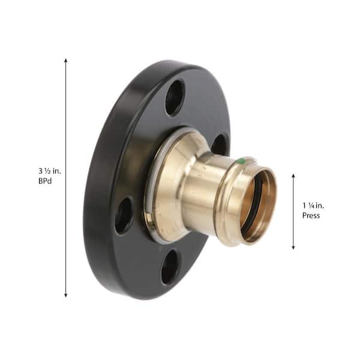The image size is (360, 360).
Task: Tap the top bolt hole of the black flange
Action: coord(175,97)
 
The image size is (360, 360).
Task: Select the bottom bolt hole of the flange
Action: coord(169,268)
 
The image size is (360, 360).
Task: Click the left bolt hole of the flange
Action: coord(124,216)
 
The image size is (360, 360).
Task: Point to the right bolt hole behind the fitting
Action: coord(219,145)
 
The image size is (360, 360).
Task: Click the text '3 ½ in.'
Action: coord(50,171)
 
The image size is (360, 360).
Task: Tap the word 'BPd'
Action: coord(45,181)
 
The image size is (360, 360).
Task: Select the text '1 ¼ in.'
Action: coord(313,206)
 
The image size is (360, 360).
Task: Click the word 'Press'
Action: coord(311,215)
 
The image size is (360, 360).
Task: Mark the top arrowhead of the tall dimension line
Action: coord(65,61)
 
